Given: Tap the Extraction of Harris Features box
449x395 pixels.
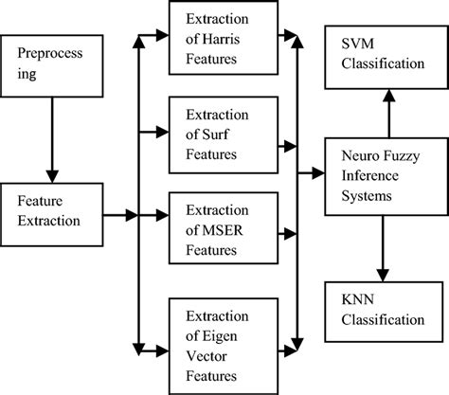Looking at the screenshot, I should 223,37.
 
